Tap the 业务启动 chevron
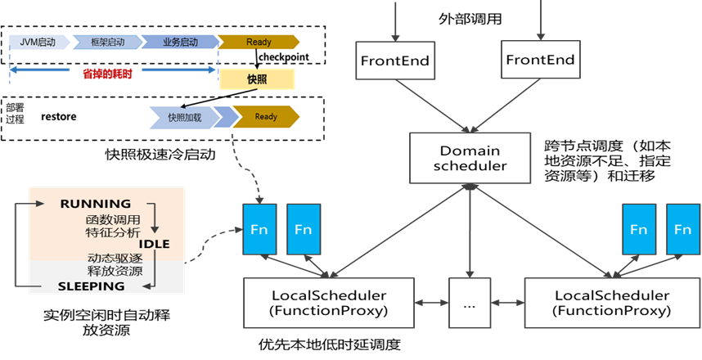pos(178,43)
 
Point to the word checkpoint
pos(284,57)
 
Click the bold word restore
pos(59,117)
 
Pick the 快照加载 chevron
pos(184,117)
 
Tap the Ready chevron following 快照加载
pos(265,117)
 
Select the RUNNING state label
pos(96,203)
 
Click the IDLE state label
pos(154,244)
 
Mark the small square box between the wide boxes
pos(470,303)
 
